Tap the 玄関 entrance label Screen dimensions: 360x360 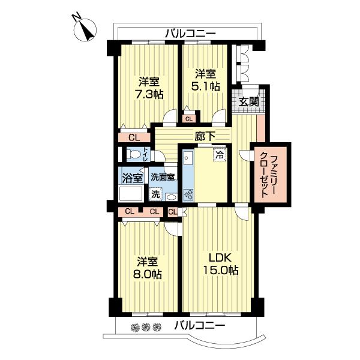249,101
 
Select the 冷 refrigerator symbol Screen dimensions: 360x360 220,153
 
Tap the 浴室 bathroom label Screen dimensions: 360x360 132,178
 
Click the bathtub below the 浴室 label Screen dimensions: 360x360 131,194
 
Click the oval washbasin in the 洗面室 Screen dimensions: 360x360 171,196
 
